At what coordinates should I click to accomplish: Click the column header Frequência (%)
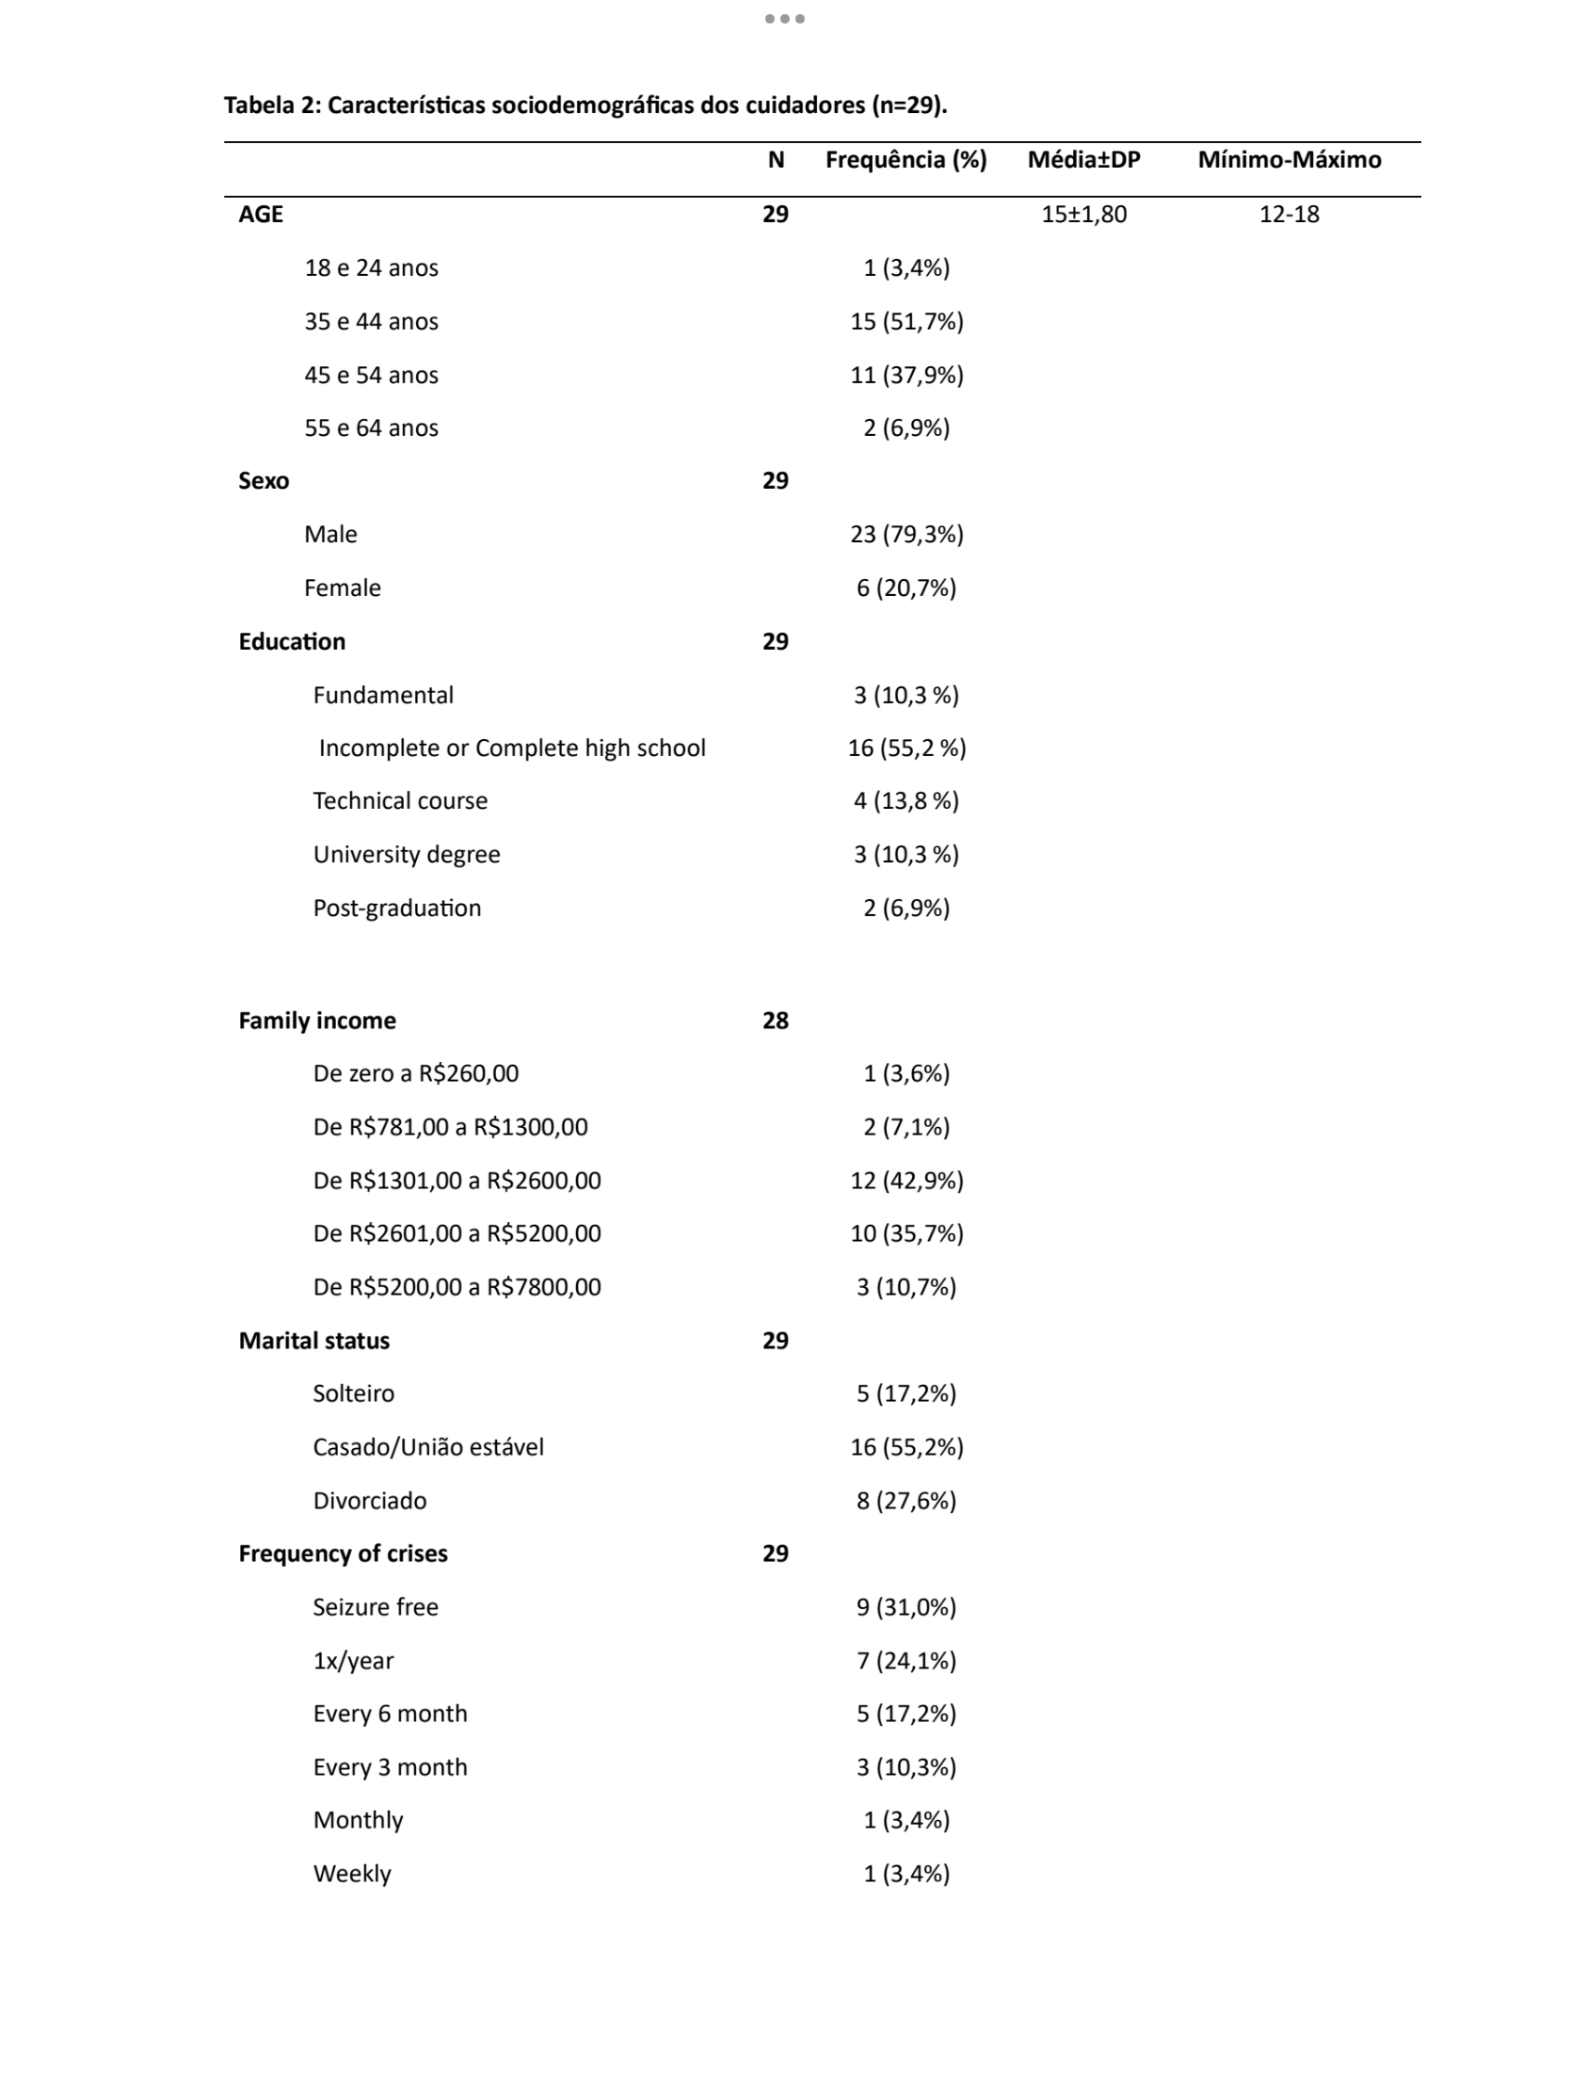pos(905,160)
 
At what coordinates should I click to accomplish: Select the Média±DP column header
pos(1083,160)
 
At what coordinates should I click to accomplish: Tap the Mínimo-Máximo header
pos(1289,160)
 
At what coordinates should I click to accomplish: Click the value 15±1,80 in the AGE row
pos(1083,214)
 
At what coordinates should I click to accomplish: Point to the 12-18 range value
pos(1289,214)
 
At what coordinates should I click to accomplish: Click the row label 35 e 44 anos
pos(371,322)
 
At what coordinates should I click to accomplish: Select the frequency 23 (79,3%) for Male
pos(905,535)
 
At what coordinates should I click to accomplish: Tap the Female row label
pos(342,588)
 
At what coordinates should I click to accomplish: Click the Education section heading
pos(292,642)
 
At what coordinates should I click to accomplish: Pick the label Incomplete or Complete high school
pos(512,748)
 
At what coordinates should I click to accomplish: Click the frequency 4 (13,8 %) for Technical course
pos(905,801)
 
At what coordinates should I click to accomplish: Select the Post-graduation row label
pos(396,908)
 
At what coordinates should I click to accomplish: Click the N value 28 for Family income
pos(775,1021)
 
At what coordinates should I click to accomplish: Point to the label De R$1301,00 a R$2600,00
pos(457,1181)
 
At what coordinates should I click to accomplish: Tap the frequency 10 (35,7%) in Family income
pos(905,1233)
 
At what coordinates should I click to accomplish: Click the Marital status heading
pos(313,1341)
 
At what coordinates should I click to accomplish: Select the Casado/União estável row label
pos(427,1446)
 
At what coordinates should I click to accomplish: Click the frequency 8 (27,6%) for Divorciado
pos(905,1501)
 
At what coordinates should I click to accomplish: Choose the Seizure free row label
pos(375,1606)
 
